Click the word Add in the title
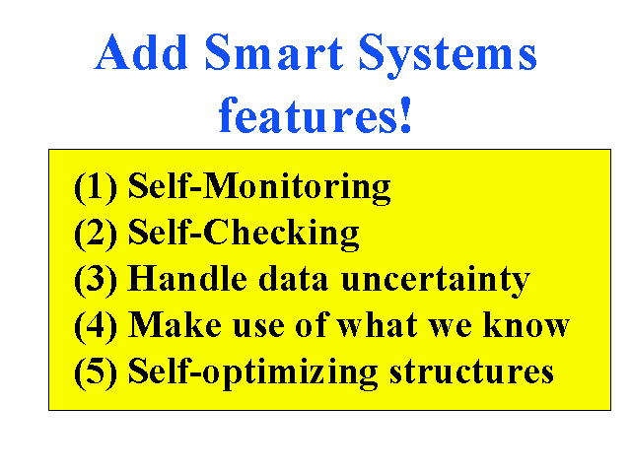pos(141,52)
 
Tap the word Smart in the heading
pos(274,52)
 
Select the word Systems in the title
pos(448,55)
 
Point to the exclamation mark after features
pos(405,114)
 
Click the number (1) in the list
pos(96,187)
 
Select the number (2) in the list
pos(96,234)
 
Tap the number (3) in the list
pos(96,280)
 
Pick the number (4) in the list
pos(96,326)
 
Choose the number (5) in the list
pos(96,372)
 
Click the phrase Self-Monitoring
pos(259,188)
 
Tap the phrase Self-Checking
pos(244,235)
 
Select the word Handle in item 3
pos(187,278)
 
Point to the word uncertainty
pos(436,281)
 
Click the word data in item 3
pos(293,278)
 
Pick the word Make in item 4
pos(175,324)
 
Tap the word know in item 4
pos(526,324)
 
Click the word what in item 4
pos(377,324)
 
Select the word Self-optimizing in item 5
pos(252,372)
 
